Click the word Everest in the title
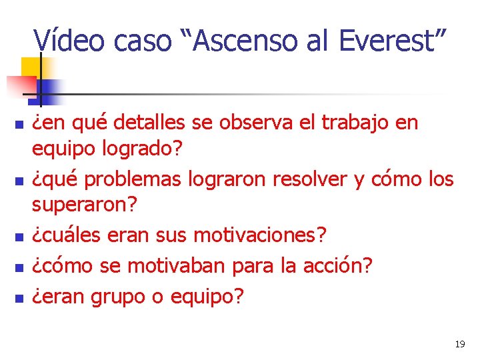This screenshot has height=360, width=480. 387,41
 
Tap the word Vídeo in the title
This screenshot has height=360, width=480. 69,41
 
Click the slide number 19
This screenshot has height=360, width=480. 459,345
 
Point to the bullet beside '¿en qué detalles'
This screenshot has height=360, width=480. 19,125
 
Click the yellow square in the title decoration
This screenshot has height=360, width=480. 31,67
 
